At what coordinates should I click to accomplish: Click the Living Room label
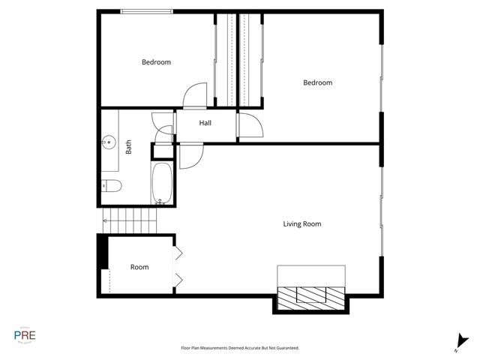(x=302, y=223)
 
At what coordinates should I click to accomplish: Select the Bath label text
(x=128, y=149)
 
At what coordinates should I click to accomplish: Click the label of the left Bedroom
(x=156, y=62)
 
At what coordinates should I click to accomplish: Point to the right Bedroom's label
(x=317, y=82)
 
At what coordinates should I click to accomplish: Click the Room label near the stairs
(x=139, y=267)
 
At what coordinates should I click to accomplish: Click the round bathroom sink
(x=109, y=140)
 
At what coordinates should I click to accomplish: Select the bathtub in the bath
(x=163, y=182)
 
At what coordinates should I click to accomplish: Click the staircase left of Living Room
(x=132, y=220)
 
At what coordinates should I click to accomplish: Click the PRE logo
(x=24, y=335)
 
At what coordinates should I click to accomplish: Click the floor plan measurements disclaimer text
(x=240, y=348)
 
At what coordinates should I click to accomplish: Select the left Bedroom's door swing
(x=195, y=94)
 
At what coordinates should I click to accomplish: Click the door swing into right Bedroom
(x=250, y=125)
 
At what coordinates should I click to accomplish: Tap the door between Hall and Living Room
(x=190, y=155)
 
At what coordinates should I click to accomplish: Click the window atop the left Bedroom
(x=147, y=10)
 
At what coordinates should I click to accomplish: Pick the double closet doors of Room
(x=178, y=267)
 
